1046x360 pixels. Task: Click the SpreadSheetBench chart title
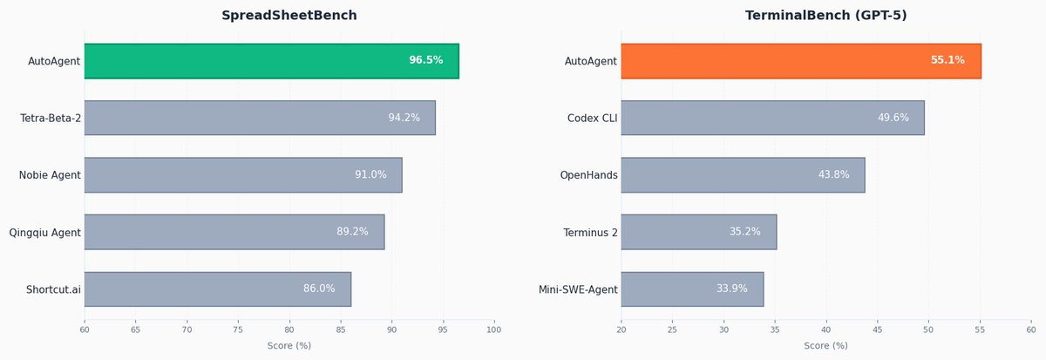(x=289, y=16)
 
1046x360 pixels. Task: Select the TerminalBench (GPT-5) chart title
(x=825, y=16)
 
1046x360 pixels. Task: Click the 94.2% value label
(x=404, y=118)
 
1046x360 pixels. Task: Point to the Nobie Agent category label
(x=50, y=175)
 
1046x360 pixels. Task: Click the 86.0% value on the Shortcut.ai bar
(x=319, y=289)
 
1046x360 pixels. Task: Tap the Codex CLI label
(x=592, y=118)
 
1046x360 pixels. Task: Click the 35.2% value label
(x=745, y=232)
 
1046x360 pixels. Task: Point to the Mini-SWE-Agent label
(x=578, y=289)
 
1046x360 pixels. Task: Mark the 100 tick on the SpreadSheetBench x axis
(x=494, y=330)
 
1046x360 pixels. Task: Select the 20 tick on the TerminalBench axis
(x=621, y=330)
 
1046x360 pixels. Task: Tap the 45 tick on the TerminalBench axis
(x=877, y=330)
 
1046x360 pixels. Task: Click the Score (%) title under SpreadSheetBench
(x=289, y=346)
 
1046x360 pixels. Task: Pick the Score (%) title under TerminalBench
(x=825, y=346)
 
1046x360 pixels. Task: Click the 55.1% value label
(x=948, y=60)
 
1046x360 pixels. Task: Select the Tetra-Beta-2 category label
(x=51, y=118)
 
